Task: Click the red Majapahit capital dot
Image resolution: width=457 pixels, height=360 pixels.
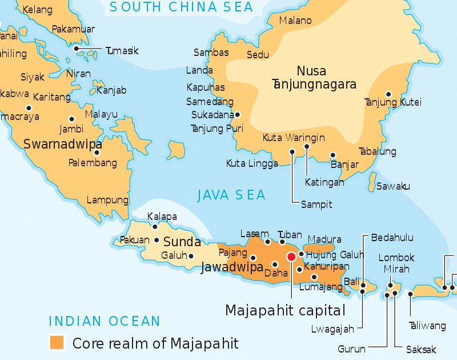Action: coord(291,257)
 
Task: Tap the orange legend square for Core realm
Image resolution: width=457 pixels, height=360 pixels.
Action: coord(57,342)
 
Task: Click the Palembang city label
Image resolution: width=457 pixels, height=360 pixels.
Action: coord(93,163)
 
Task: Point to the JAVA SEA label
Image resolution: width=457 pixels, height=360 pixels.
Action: coord(231,195)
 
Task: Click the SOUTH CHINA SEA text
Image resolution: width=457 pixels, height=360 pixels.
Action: coord(181,7)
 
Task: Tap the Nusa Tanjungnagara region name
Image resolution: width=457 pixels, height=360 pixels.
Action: coord(312,78)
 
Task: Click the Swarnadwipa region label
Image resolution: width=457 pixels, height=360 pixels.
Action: coord(63,144)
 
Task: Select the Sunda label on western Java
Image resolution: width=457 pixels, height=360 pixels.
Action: coord(182,241)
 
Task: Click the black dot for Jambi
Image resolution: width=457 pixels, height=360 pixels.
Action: coord(71,119)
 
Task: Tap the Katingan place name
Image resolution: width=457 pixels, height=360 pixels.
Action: coord(324,182)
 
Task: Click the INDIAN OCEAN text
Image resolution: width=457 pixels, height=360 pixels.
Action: coord(105,321)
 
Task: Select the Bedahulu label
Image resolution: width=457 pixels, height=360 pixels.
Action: coord(392,237)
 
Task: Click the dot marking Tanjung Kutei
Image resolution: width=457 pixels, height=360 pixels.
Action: coord(388,94)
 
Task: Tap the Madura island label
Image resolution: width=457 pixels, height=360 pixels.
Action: coord(324,239)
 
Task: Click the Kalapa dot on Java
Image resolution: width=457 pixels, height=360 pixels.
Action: coord(154,227)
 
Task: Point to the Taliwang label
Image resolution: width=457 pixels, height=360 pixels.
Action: coord(427,326)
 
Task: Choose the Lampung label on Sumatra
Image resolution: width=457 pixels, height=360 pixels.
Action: coord(107,200)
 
